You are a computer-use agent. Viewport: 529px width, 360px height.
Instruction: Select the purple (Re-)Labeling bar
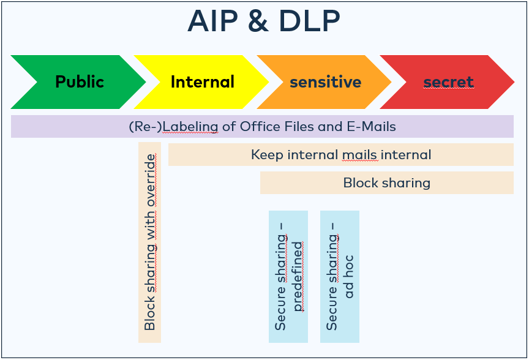click(x=262, y=127)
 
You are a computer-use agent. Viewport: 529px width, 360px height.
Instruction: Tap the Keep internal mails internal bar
click(x=340, y=155)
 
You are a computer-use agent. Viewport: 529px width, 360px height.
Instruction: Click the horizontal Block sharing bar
click(x=386, y=182)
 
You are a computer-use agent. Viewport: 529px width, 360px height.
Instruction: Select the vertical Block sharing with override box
click(x=150, y=242)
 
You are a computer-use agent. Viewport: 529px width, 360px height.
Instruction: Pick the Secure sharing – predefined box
click(x=288, y=277)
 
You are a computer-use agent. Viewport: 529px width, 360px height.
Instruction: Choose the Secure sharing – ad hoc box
click(x=340, y=277)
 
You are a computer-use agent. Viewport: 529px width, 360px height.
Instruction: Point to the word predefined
click(x=297, y=277)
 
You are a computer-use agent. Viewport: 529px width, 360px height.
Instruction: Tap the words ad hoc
click(x=348, y=277)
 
